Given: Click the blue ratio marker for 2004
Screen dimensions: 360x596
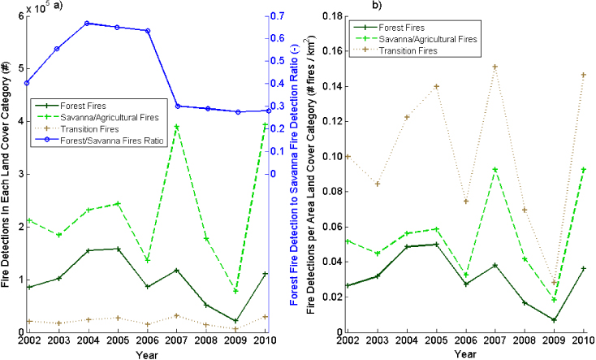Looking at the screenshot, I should [87, 24].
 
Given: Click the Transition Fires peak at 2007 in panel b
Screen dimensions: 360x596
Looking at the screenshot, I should [495, 67].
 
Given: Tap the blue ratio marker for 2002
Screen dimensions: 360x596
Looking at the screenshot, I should [27, 83].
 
